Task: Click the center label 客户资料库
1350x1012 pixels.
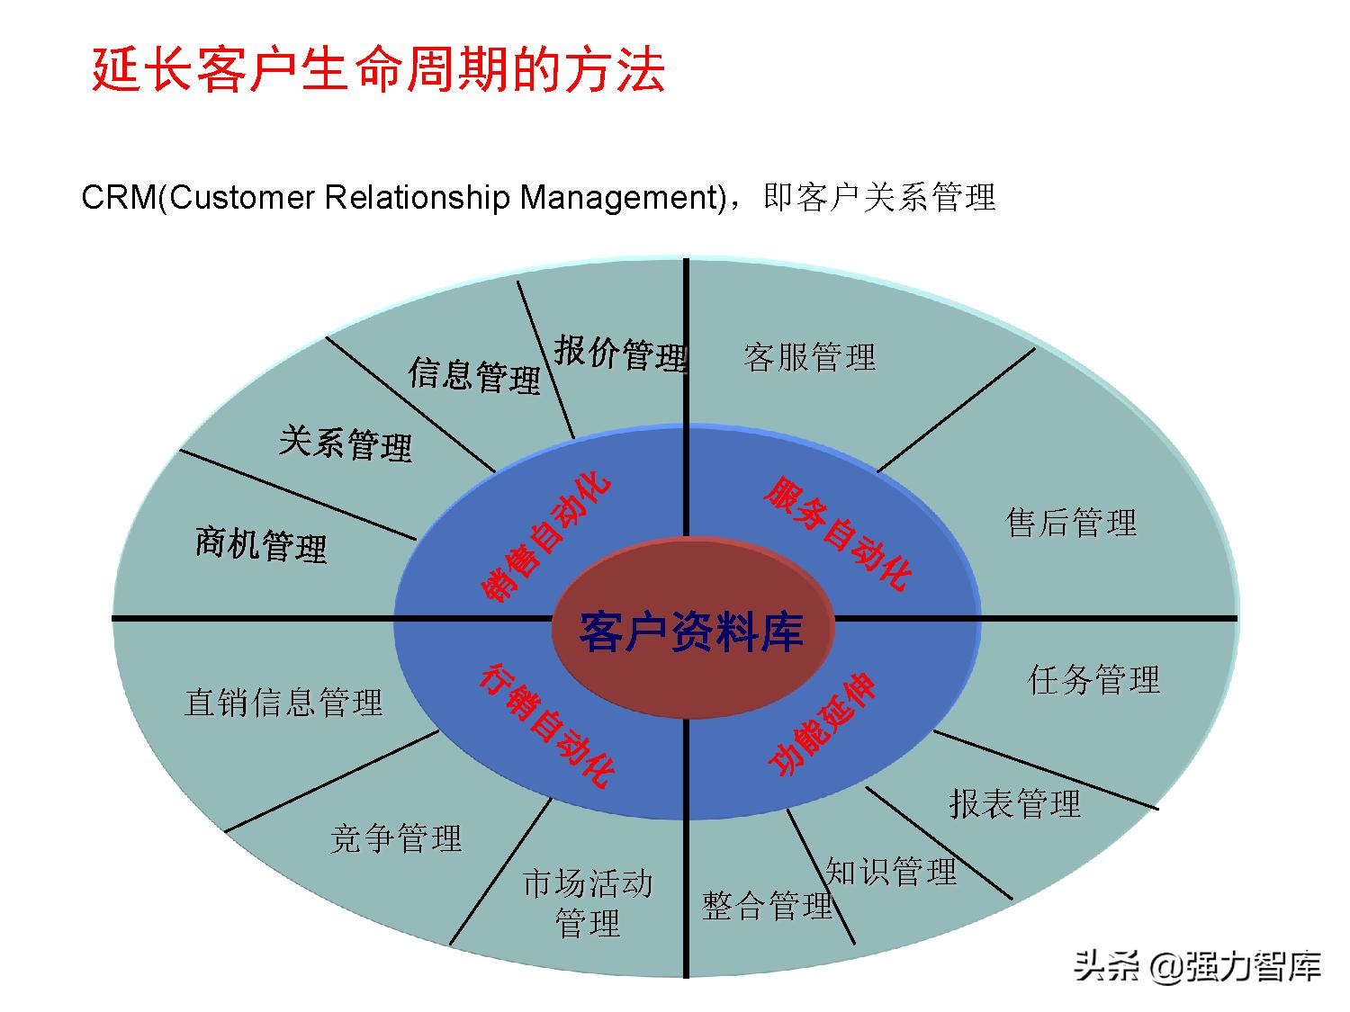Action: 691,632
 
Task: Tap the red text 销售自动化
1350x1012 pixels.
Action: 544,537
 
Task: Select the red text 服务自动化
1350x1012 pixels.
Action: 838,533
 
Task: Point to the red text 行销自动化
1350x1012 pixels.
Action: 547,725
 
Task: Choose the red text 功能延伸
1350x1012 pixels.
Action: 822,724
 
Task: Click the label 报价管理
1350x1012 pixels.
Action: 621,354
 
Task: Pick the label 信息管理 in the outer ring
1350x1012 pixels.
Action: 474,375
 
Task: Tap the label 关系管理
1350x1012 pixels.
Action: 345,443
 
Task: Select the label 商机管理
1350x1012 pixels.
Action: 261,544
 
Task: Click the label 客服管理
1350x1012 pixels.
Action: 809,357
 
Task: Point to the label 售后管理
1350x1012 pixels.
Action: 1071,523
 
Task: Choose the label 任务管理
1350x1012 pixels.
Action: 1093,679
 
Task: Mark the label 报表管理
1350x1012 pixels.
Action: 1014,803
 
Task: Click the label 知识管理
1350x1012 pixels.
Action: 891,871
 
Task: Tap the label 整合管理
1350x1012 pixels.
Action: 767,905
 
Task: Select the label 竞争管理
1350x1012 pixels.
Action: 395,838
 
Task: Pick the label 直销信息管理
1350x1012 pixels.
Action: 283,702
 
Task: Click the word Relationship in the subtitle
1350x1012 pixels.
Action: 418,198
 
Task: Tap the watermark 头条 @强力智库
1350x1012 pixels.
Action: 1197,967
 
